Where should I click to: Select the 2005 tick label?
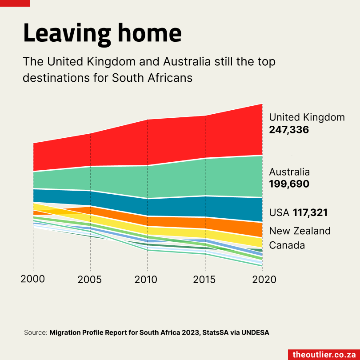[x=90, y=280]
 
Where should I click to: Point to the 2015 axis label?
[x=204, y=280]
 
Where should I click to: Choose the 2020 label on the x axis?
[x=262, y=280]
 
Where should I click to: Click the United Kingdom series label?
[x=307, y=117]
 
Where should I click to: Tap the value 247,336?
[x=289, y=130]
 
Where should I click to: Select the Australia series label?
[x=289, y=172]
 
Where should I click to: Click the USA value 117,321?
[x=310, y=213]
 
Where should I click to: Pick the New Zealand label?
[x=300, y=231]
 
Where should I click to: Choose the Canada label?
[x=287, y=245]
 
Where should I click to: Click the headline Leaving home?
[x=102, y=34]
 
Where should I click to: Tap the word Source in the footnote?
[x=35, y=332]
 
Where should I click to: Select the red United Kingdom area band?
[x=147, y=142]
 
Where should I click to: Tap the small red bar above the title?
[x=15, y=3]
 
